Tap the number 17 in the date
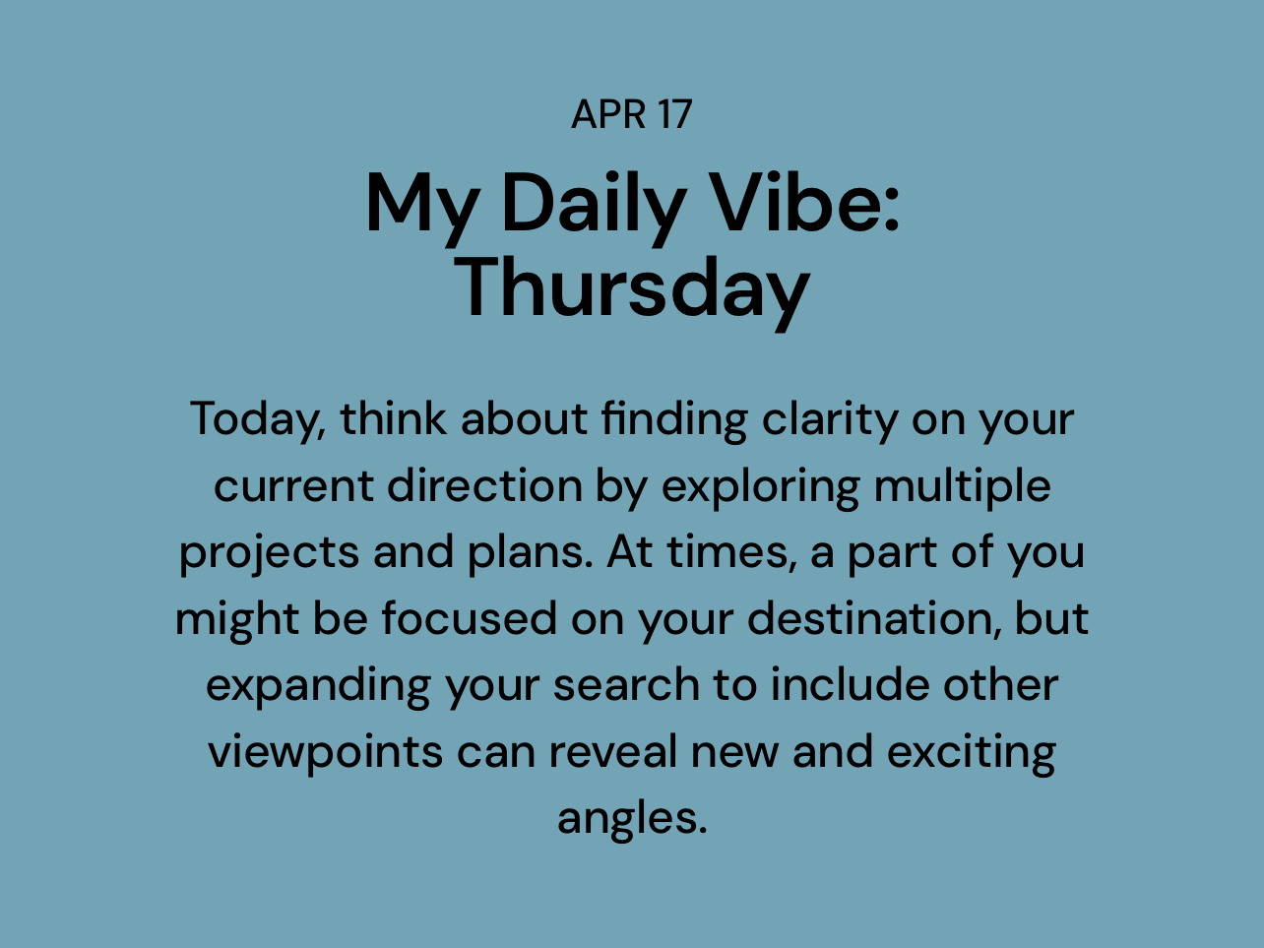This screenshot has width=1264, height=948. pos(675,114)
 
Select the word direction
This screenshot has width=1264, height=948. pos(484,486)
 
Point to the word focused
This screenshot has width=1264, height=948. pos(470,619)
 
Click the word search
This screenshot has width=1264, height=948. pos(626,685)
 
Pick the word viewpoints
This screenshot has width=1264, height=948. pos(326,753)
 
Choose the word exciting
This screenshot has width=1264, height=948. pos(972,753)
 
